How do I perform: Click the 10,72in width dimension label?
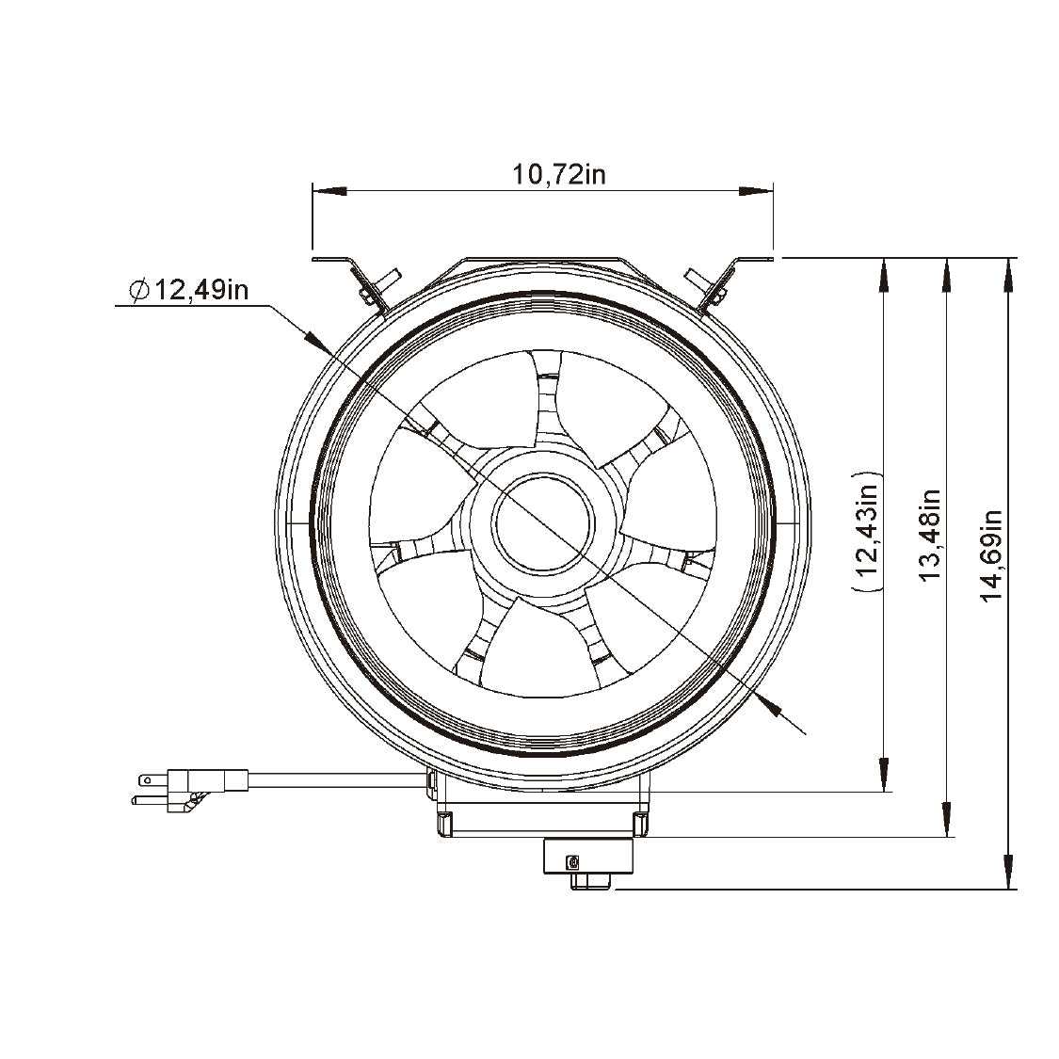pyautogui.click(x=558, y=175)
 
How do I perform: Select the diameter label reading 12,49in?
pyautogui.click(x=189, y=291)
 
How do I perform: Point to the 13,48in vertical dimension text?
pyautogui.click(x=930, y=535)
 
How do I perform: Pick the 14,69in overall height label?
pyautogui.click(x=991, y=555)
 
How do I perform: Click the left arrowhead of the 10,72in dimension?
pyautogui.click(x=329, y=191)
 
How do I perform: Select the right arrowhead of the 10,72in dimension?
pyautogui.click(x=756, y=191)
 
